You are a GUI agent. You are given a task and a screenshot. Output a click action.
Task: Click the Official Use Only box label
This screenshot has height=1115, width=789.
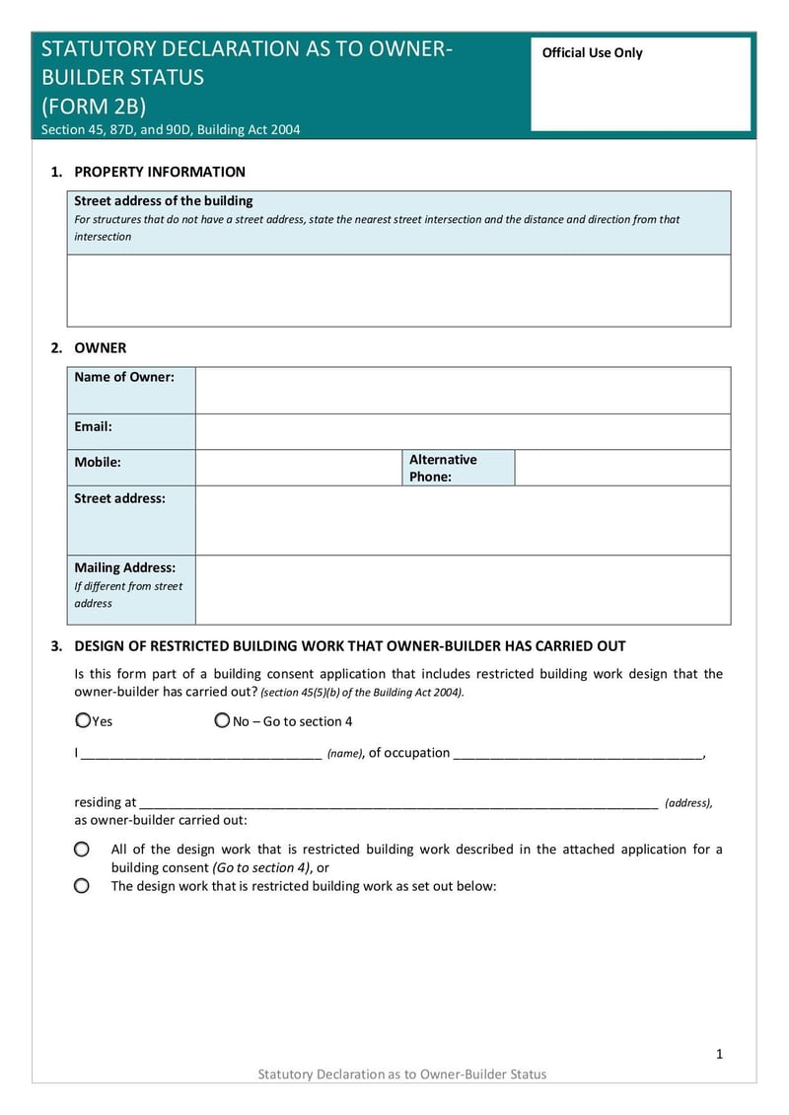click(x=592, y=53)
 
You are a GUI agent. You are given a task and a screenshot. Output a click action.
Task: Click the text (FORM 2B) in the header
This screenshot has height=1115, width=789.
click(x=94, y=107)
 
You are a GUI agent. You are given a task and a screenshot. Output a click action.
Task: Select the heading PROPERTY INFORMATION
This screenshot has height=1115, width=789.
click(x=160, y=172)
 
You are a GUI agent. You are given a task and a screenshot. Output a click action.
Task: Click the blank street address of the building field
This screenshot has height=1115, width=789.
click(x=398, y=290)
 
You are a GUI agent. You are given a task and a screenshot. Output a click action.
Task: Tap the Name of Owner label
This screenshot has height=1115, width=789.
click(x=124, y=377)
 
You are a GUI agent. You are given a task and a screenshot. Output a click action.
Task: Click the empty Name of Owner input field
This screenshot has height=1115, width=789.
click(x=463, y=390)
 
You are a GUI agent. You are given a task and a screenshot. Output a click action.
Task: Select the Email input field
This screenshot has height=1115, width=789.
click(x=463, y=431)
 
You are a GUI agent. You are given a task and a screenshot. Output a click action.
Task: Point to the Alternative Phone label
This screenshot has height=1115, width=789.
click(x=443, y=468)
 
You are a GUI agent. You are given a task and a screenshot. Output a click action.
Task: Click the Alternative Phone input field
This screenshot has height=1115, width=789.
click(x=622, y=468)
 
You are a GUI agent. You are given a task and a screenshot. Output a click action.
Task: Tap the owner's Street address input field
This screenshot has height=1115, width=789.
click(x=463, y=520)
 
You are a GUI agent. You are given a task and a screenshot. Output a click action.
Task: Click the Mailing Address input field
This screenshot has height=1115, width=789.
click(x=463, y=589)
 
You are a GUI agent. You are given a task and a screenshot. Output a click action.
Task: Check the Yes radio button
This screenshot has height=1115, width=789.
click(x=83, y=721)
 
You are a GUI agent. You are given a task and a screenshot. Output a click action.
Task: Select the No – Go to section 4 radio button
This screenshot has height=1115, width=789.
click(x=222, y=721)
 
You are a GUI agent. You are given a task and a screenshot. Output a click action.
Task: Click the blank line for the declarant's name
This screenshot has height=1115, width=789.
click(x=201, y=753)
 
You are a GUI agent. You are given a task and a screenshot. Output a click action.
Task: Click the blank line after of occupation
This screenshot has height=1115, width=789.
click(x=578, y=753)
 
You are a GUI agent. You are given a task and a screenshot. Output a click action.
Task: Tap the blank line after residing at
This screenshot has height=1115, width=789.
click(x=398, y=802)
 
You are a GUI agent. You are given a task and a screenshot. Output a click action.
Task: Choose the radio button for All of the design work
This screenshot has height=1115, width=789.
click(x=82, y=849)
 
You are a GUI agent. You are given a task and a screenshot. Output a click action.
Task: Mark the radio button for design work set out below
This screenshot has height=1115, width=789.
click(x=82, y=886)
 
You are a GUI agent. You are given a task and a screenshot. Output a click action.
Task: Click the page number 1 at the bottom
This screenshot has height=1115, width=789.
click(x=719, y=1054)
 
